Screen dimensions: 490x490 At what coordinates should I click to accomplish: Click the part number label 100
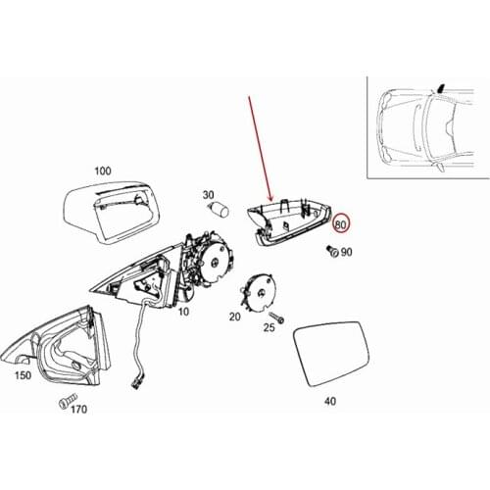103,171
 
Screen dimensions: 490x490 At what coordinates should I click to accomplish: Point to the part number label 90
347,253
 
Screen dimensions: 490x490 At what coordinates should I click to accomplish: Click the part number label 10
182,311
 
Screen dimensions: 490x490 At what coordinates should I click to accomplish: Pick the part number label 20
234,317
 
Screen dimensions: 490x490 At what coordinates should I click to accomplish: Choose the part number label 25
269,328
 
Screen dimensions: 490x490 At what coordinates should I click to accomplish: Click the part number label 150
23,374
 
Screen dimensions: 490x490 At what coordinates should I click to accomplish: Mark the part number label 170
78,410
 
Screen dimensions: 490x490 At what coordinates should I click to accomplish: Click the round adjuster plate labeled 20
261,291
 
